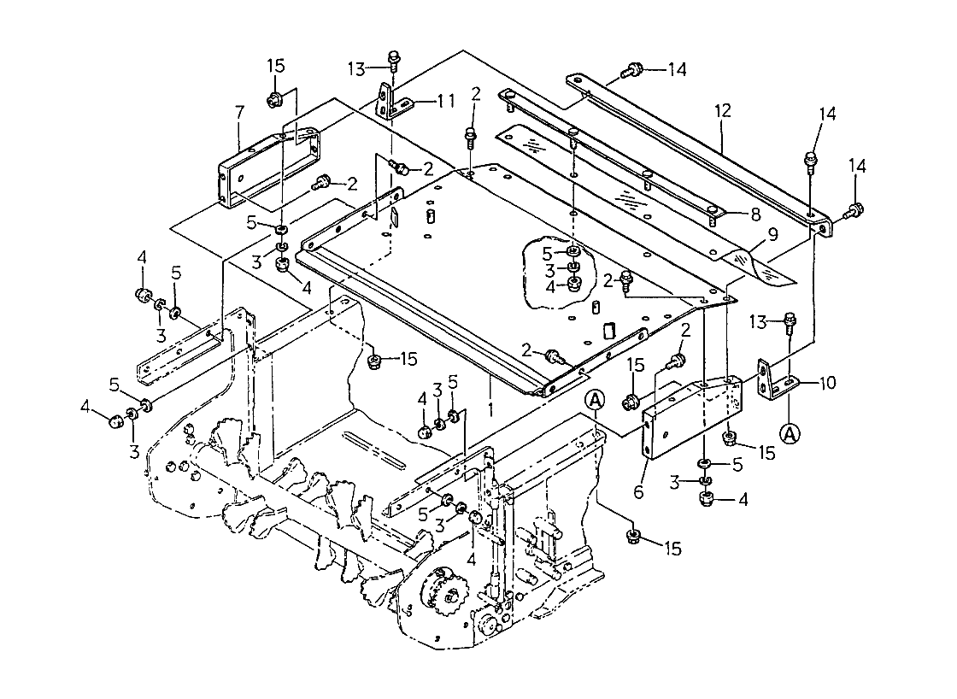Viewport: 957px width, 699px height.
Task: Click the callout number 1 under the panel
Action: (x=490, y=408)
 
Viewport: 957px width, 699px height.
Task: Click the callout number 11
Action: (x=445, y=101)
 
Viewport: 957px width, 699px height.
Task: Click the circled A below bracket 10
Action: (x=791, y=433)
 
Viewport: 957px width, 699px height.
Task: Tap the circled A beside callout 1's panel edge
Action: (x=596, y=399)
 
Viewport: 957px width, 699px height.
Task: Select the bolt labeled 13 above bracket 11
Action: (x=394, y=59)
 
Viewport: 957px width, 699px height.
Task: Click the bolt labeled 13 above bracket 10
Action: (x=790, y=323)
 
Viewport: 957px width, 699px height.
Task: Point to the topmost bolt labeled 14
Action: (x=633, y=69)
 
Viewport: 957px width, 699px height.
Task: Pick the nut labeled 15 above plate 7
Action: (x=275, y=98)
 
